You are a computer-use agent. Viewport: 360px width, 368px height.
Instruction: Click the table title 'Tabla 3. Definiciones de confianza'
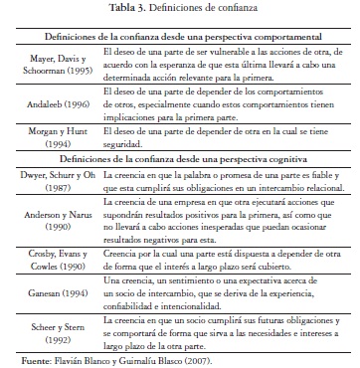click(x=179, y=9)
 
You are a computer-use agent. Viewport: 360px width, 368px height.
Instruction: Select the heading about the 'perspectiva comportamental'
click(x=179, y=34)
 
